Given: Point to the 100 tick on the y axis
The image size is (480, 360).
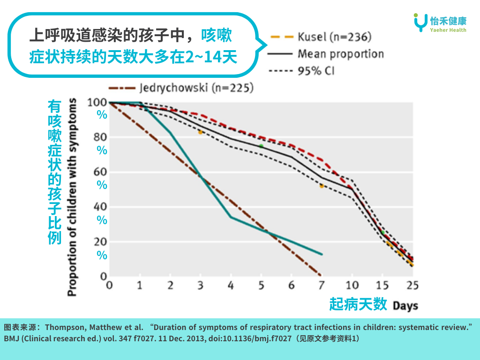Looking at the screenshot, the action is pos(97,102).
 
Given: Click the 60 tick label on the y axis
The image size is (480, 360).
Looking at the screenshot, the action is pos(100,172).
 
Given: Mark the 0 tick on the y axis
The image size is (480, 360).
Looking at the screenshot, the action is pos(104,277).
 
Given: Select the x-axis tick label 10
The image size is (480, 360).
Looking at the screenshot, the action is pos(352,285).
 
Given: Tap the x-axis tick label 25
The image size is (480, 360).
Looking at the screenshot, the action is pos(412,285).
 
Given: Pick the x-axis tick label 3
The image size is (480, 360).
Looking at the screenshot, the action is pos(200,285).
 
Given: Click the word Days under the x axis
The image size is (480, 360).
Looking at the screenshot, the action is pos(405,306).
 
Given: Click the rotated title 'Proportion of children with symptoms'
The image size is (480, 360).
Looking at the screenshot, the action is pos(72,197).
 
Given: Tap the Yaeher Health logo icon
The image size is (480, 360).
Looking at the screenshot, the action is pos(420,22).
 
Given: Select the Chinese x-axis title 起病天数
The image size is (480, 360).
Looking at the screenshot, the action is pos(358,304).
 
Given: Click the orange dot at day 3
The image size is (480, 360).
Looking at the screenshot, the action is pos(200,133).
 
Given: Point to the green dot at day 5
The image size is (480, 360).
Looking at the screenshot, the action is pos(261,146).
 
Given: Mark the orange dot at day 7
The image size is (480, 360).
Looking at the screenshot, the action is pos(322,186).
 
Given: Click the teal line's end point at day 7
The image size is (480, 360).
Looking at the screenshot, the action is pos(322,254).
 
